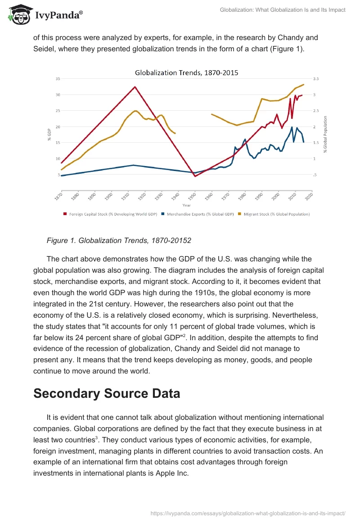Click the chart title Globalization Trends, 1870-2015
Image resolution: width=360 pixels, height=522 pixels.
[x=187, y=72]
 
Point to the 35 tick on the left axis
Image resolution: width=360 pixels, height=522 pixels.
[x=58, y=79]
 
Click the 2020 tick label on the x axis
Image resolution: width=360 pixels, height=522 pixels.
[x=310, y=197]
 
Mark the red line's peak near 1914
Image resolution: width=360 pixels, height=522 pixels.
[x=135, y=87]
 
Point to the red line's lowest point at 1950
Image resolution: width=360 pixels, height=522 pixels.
[x=195, y=176]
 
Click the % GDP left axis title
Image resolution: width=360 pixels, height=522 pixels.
[x=49, y=135]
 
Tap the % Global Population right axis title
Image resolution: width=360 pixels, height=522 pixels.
[x=325, y=134]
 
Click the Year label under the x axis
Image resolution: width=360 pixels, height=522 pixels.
[x=186, y=205]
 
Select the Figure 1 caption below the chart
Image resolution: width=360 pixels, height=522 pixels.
[x=119, y=241]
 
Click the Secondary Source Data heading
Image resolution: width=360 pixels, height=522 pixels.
[x=107, y=393]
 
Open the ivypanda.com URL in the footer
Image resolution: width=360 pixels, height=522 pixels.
[x=248, y=513]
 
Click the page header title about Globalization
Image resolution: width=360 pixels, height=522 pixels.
[x=283, y=10]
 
